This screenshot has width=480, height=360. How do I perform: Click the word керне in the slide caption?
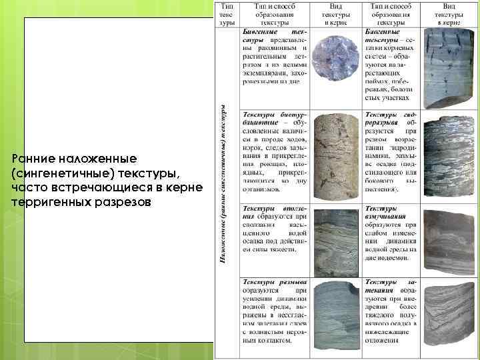(x=181, y=187)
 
